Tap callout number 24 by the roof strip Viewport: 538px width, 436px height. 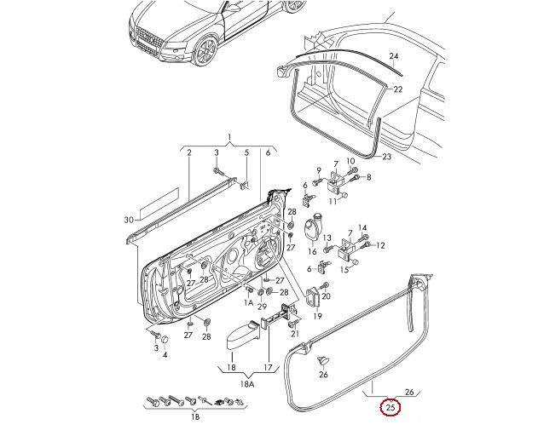pyautogui.click(x=394, y=57)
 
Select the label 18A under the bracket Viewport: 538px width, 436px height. pyautogui.click(x=247, y=384)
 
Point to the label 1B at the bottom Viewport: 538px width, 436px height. pyautogui.click(x=194, y=418)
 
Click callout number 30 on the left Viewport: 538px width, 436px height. pyautogui.click(x=129, y=221)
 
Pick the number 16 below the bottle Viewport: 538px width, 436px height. pyautogui.click(x=311, y=252)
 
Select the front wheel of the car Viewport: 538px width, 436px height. pyautogui.click(x=205, y=50)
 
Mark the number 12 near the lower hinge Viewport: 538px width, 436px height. pyautogui.click(x=380, y=245)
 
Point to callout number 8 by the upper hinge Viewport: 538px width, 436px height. pyautogui.click(x=368, y=177)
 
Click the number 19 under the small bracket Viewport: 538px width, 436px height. pyautogui.click(x=317, y=315)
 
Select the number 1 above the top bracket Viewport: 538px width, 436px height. pyautogui.click(x=229, y=138)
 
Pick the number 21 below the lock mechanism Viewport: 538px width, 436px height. pyautogui.click(x=294, y=335)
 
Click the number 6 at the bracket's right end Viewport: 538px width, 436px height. pyautogui.click(x=267, y=152)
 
